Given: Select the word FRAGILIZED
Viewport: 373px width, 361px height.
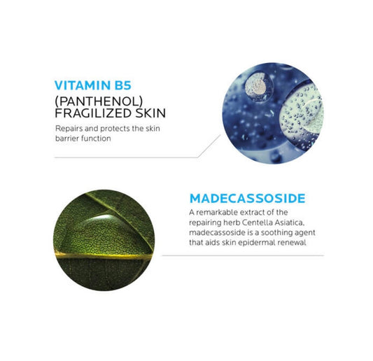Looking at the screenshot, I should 91,113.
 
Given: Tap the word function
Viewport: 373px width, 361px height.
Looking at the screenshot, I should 101,139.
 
